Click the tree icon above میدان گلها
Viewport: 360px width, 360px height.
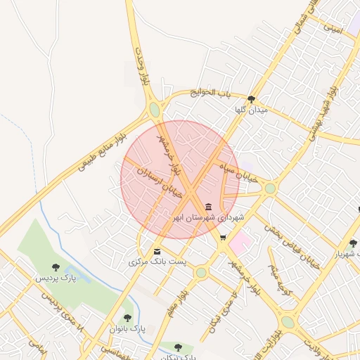pos(252,99)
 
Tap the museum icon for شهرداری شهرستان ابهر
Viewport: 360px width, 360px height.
pos(209,207)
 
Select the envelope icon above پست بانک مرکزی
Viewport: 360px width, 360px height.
pos(156,251)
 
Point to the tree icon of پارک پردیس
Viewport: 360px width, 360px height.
pos(56,266)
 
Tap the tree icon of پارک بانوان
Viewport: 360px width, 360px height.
pos(127,318)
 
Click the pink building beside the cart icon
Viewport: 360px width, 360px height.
pos(240,244)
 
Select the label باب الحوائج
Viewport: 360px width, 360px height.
pos(214,93)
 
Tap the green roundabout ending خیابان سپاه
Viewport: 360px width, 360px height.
pos(270,188)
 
